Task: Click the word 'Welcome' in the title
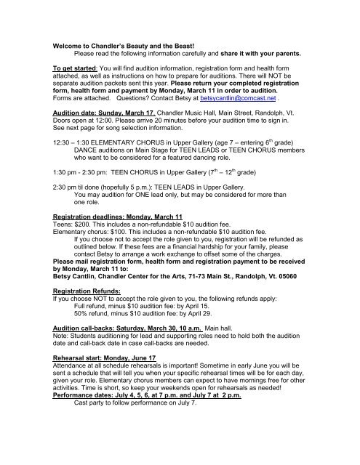(x=70, y=46)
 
